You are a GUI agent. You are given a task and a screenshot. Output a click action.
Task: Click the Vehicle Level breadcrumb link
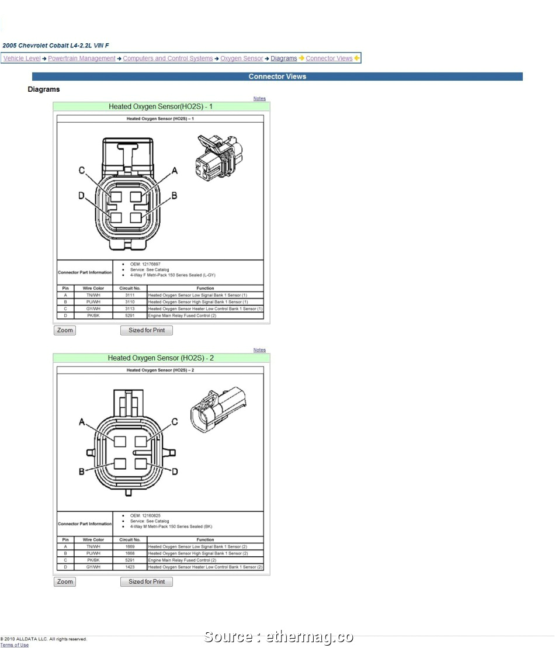pos(22,58)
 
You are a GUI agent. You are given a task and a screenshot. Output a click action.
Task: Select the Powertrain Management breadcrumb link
pos(82,58)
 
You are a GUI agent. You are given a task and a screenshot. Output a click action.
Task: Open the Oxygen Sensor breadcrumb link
pos(242,58)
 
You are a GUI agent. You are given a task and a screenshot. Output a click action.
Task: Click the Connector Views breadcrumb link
pos(329,58)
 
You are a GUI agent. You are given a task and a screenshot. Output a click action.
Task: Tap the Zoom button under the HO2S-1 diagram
pos(65,330)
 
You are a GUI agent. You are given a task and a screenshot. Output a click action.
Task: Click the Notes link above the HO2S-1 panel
pos(259,99)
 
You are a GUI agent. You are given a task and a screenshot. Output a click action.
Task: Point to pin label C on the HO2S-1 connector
pos(82,171)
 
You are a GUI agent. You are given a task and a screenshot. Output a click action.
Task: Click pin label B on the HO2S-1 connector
pos(174,196)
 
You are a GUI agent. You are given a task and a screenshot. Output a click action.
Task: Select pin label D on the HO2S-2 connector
pos(174,471)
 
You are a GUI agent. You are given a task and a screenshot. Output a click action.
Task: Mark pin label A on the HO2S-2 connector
pos(82,422)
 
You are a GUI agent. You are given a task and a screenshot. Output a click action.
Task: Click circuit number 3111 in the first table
pos(130,295)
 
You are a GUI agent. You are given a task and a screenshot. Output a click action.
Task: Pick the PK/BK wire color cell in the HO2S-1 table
pos(93,316)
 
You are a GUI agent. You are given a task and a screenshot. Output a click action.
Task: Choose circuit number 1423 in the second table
pos(130,567)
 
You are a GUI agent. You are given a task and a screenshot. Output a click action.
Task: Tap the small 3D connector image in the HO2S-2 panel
pos(218,409)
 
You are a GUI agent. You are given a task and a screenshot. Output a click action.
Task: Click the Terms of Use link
pos(14,645)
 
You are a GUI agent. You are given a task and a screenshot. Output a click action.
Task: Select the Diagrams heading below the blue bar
pos(44,89)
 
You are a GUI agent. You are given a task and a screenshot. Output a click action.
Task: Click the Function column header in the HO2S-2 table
pos(205,540)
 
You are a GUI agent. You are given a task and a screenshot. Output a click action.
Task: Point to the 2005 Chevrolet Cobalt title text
pos(56,46)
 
